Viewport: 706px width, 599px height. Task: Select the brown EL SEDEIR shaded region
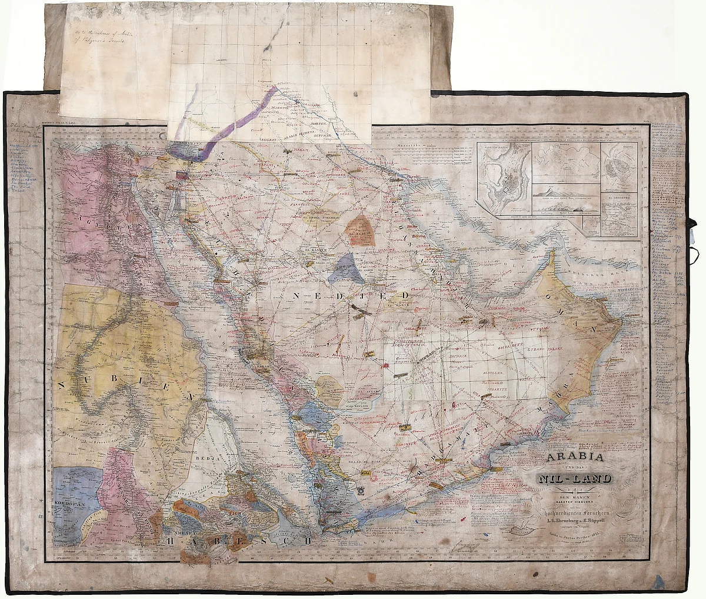tap(361, 229)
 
